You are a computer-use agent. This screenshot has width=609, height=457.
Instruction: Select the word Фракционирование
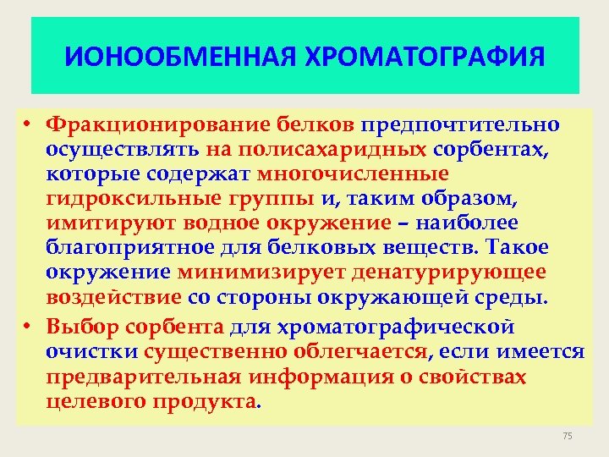click(x=158, y=125)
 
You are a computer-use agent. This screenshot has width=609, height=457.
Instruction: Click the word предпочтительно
click(x=460, y=125)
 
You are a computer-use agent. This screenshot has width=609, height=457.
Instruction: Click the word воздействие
click(x=114, y=297)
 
